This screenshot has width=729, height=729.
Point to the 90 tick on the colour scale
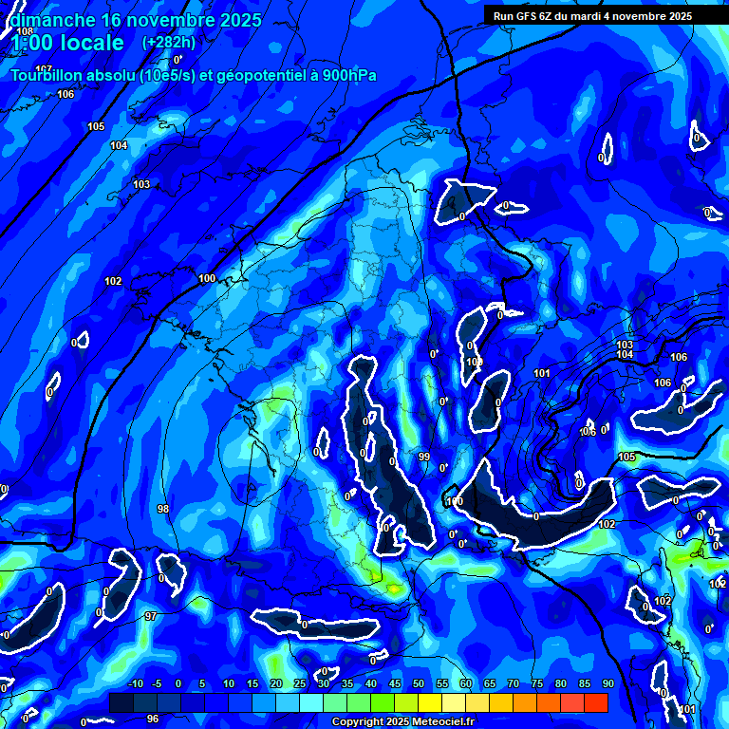(x=607, y=684)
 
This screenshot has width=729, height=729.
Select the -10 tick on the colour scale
(x=134, y=684)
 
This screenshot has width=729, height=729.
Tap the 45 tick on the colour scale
(x=395, y=684)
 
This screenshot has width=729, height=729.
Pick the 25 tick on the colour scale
(x=300, y=684)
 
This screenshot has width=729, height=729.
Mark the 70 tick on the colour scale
(x=514, y=684)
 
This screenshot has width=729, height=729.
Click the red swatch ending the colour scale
(x=596, y=702)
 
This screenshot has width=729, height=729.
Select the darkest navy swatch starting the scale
(x=121, y=702)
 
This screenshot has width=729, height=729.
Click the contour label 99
(x=424, y=457)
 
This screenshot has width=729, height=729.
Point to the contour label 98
(x=163, y=510)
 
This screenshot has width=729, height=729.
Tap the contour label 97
(x=151, y=617)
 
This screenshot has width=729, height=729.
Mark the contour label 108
(x=25, y=30)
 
